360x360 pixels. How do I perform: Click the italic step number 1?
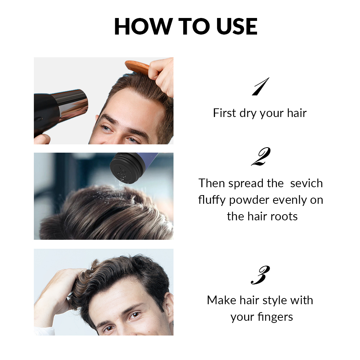click(260, 87)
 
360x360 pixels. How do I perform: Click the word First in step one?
click(224, 113)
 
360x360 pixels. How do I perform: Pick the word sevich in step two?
click(306, 183)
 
